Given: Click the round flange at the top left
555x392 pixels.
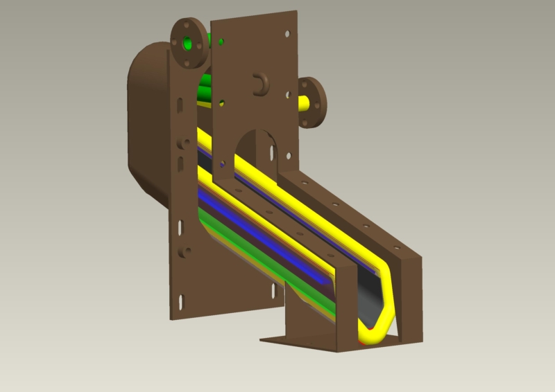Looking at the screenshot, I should click(187, 42).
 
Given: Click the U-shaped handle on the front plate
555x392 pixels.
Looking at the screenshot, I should click(260, 83).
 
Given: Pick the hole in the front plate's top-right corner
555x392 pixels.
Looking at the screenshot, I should click(286, 33).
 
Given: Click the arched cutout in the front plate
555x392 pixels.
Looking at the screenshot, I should click(255, 149).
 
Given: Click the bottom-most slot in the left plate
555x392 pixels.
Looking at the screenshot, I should click(181, 302).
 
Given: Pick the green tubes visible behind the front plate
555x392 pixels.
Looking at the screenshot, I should click(205, 90).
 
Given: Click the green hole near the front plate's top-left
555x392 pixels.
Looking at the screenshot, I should click(221, 42).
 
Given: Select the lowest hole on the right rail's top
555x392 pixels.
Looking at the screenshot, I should click(397, 247).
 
